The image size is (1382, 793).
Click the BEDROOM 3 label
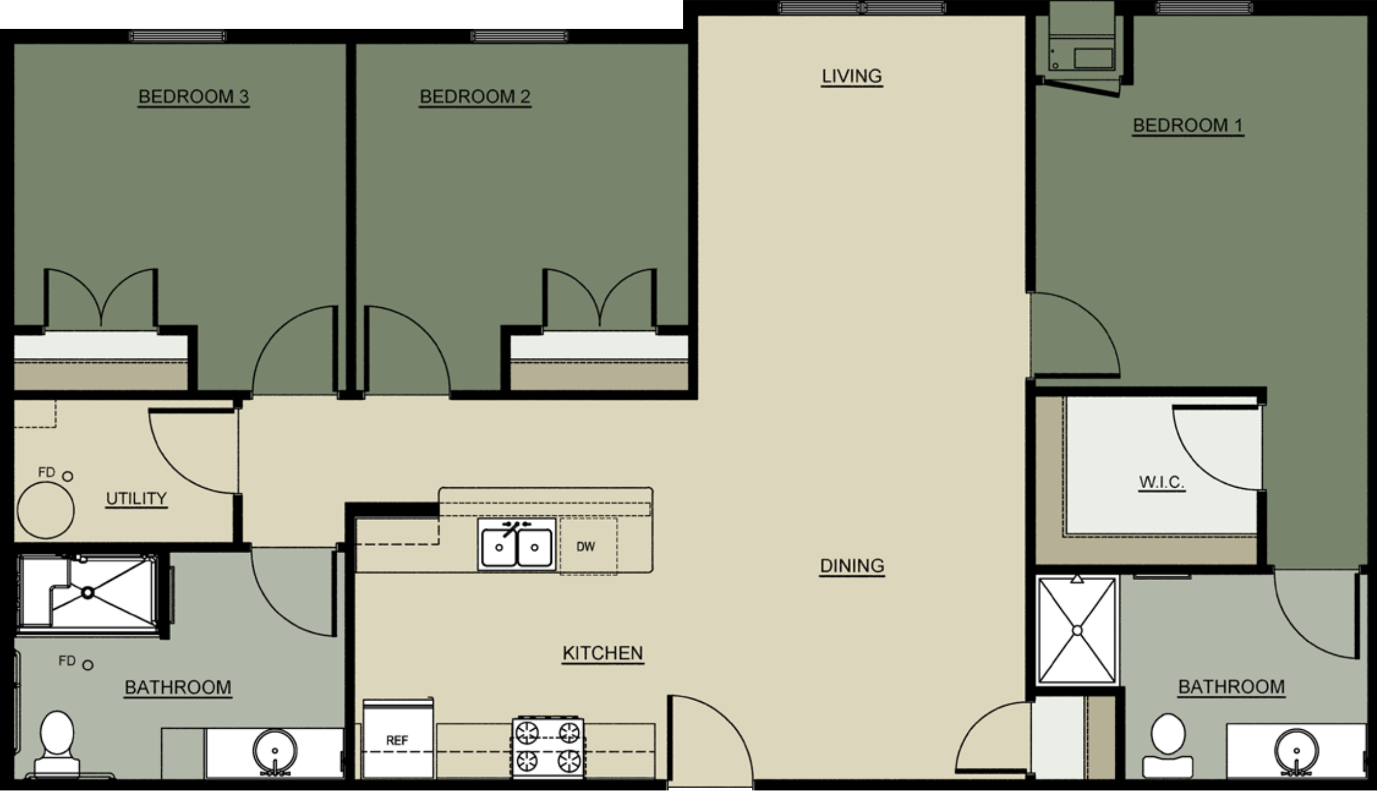[x=193, y=97]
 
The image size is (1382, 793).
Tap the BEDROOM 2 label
[x=475, y=97]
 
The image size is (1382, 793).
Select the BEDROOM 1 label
[x=1188, y=126]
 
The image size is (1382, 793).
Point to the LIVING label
[x=851, y=76]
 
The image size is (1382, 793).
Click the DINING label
[x=852, y=566]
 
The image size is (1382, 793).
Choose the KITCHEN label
[x=602, y=653]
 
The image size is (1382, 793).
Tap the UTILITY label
[x=136, y=498]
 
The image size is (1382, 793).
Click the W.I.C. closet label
[x=1162, y=482]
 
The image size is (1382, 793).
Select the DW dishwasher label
[x=585, y=547]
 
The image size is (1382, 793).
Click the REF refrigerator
[x=398, y=739]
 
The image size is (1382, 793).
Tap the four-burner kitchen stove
[x=548, y=747]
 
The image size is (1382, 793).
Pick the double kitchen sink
[x=516, y=546]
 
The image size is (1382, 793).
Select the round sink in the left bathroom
[x=275, y=751]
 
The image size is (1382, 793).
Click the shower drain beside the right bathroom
[x=1077, y=631]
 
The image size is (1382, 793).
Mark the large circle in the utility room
[x=46, y=510]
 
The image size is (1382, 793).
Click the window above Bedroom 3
[x=177, y=36]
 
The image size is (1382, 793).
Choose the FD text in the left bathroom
[x=67, y=661]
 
